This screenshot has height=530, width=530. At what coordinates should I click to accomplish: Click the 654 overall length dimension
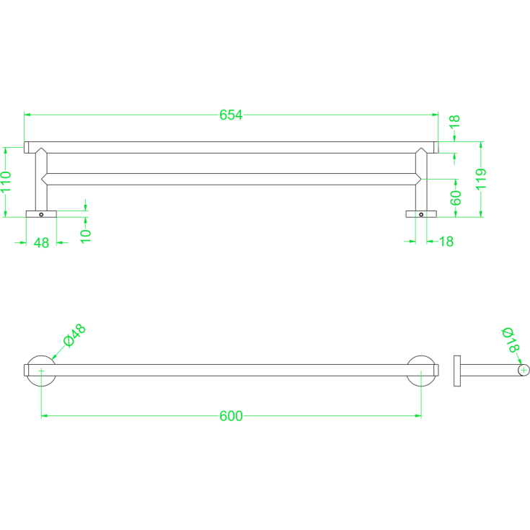click(231, 115)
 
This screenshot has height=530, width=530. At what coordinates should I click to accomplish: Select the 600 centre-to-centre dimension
click(231, 416)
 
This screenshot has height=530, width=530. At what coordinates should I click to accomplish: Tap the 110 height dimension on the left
click(6, 182)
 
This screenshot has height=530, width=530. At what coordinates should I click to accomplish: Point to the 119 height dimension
click(481, 179)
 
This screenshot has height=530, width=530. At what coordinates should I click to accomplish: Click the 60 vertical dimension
click(456, 198)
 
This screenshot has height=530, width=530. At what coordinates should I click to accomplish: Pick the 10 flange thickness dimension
click(86, 236)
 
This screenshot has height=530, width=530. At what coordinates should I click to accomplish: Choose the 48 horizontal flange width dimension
click(41, 243)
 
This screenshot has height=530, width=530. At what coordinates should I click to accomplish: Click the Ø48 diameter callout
click(75, 335)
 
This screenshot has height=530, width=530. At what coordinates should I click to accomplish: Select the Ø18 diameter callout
click(511, 340)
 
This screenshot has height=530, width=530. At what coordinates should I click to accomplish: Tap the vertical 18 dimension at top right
click(454, 121)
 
